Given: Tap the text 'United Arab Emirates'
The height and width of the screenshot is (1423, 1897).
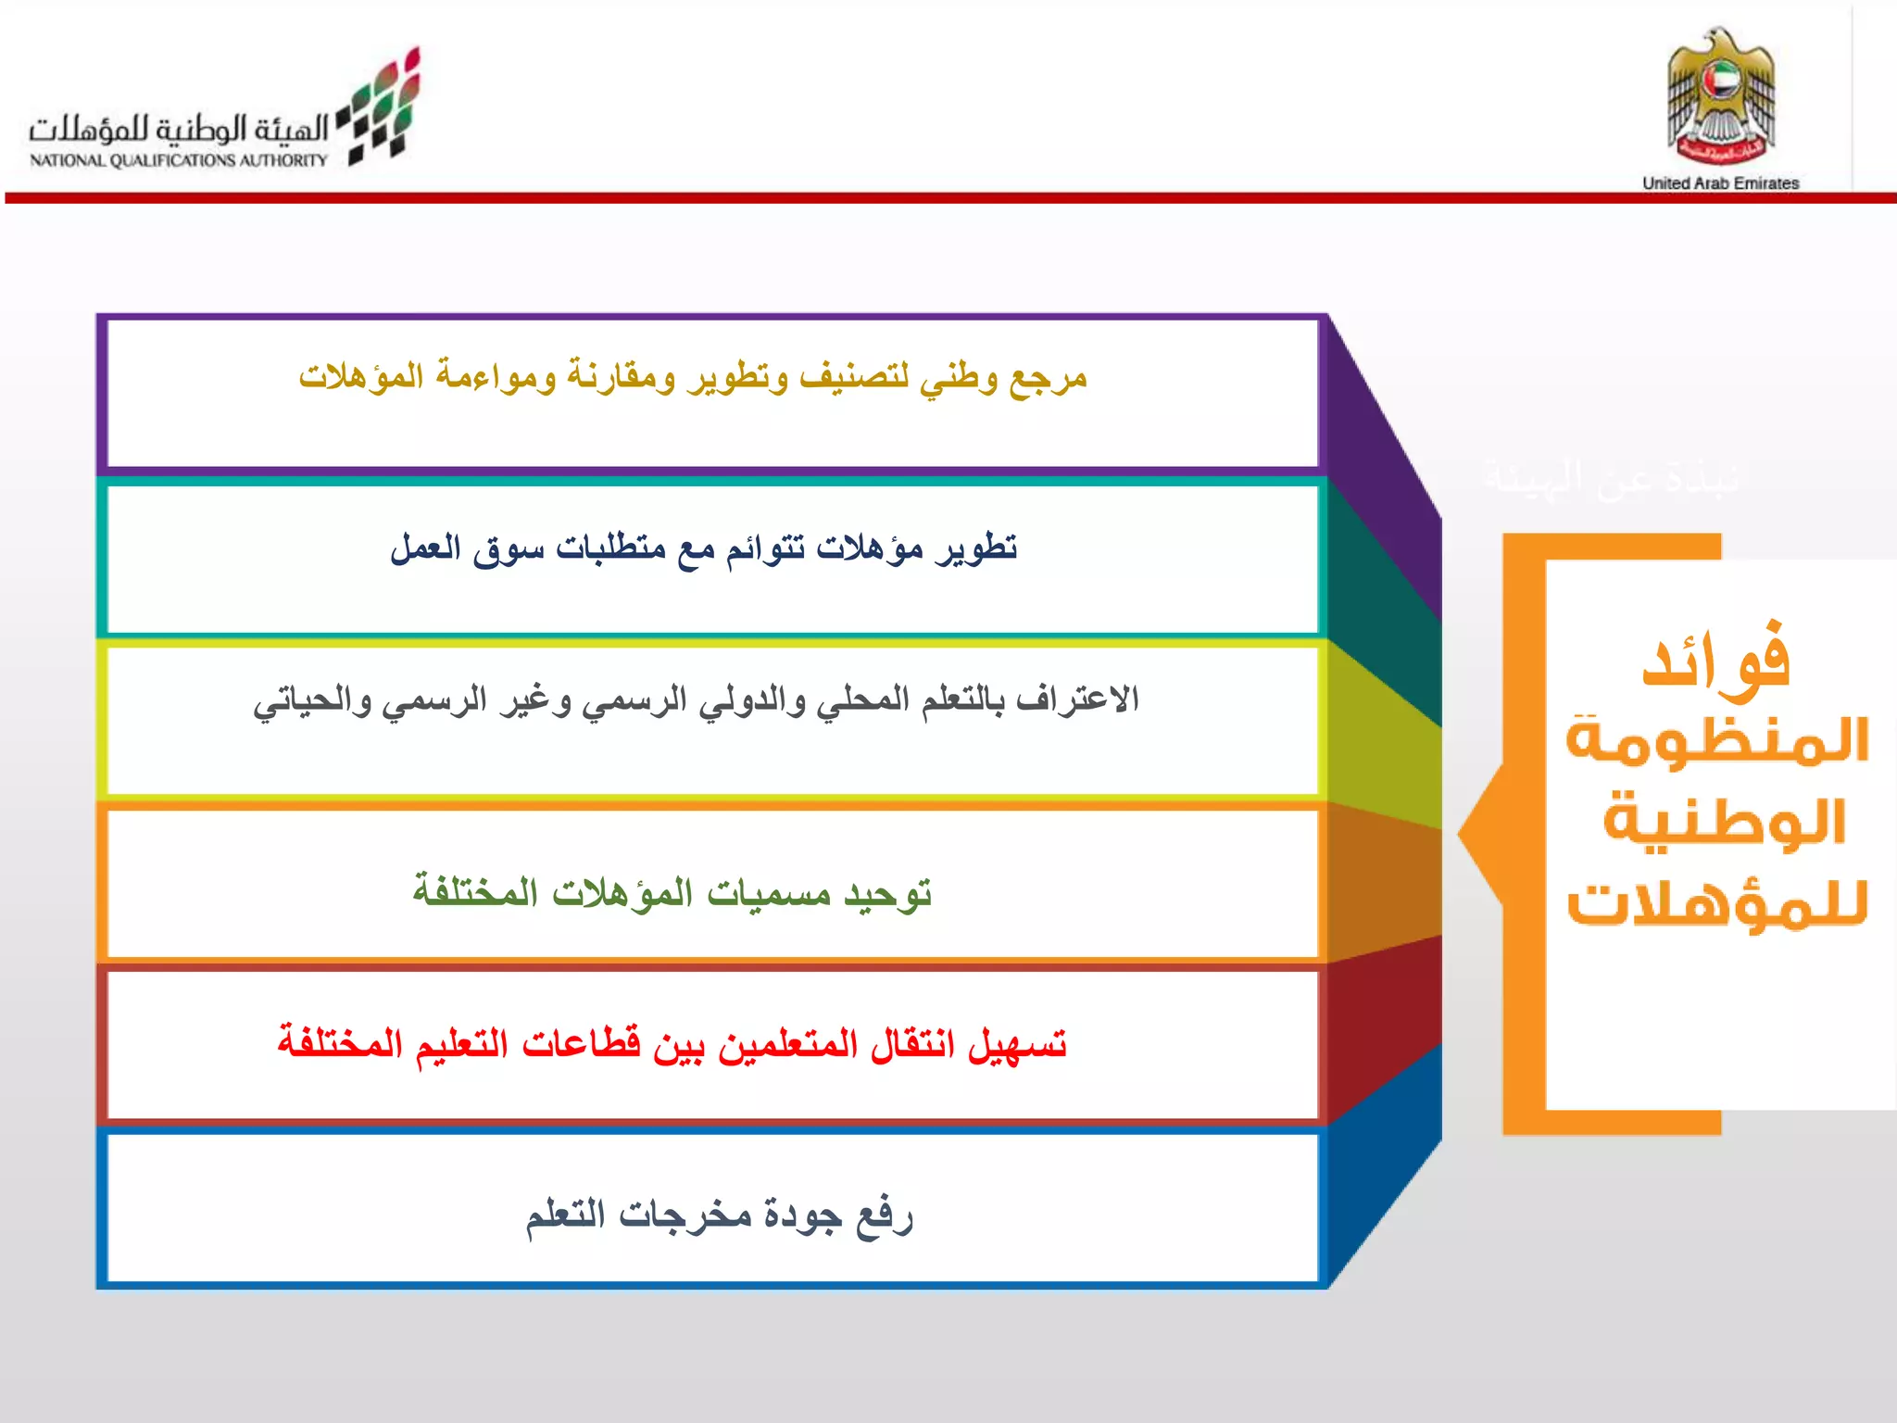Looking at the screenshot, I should tap(1720, 183).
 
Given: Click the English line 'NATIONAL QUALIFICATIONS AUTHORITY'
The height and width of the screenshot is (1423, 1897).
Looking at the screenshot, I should tap(179, 160).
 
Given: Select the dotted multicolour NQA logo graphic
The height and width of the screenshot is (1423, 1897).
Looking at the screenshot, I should tap(383, 107).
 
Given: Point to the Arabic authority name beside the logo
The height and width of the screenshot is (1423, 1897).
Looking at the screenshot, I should tap(179, 129).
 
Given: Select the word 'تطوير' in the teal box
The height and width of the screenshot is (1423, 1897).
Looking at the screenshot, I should tap(977, 548).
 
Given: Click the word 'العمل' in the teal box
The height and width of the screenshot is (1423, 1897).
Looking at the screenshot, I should tap(425, 548).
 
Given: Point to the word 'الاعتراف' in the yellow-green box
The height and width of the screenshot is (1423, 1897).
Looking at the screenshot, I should tap(1077, 699).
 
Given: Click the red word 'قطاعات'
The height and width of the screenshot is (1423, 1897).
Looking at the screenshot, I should tap(581, 1044).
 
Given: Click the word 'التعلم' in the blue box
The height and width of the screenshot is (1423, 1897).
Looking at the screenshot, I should tap(566, 1215).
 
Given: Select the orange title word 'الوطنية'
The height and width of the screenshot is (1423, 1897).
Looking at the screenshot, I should tap(1724, 821).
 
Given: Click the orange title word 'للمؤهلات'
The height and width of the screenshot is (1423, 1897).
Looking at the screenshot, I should tap(1716, 903).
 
